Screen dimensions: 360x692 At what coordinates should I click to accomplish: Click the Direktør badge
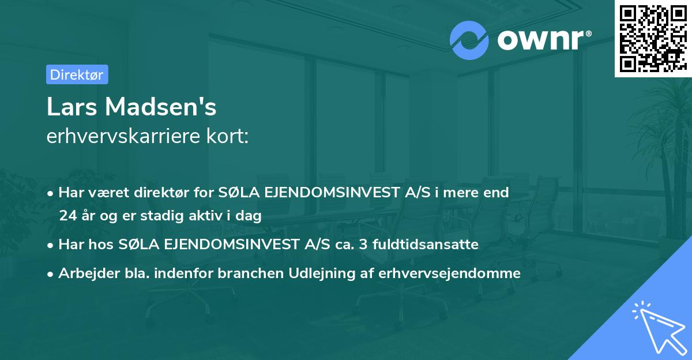click(x=77, y=74)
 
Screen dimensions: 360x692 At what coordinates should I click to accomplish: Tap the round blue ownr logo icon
click(x=469, y=40)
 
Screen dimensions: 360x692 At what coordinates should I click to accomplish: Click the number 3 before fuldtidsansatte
click(x=362, y=245)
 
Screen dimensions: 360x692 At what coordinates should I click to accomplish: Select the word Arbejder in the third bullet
click(x=85, y=273)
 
